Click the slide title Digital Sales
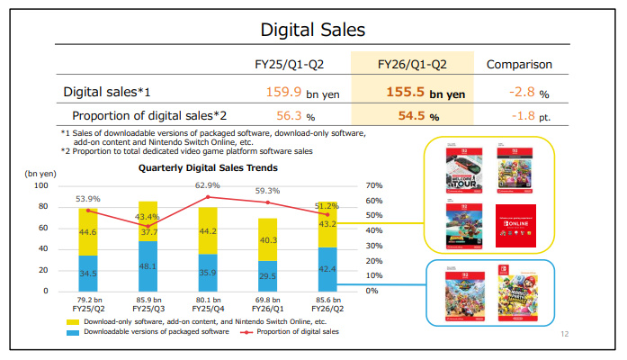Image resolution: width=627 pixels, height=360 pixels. [x=313, y=30]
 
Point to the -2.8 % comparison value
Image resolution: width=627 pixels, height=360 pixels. [x=528, y=92]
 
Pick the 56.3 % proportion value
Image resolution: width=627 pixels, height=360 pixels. [x=290, y=116]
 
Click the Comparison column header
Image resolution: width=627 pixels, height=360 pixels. [x=519, y=64]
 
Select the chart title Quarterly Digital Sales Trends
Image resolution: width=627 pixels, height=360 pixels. [x=208, y=167]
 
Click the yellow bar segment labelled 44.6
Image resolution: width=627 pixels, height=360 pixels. [x=87, y=231]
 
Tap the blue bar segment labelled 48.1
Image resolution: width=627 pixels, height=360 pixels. [x=146, y=265]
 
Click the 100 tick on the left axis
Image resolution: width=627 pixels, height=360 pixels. [x=40, y=185]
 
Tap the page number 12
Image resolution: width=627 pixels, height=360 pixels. [x=565, y=335]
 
